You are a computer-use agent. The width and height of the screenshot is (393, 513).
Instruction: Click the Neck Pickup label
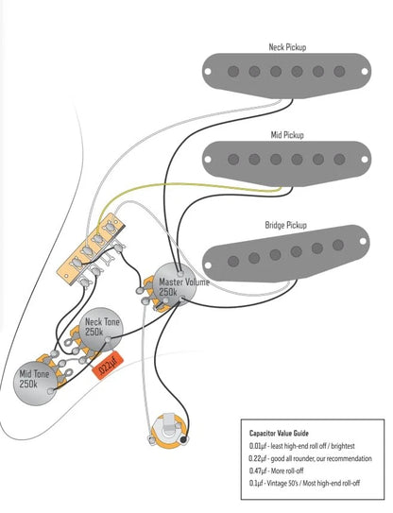pyautogui.click(x=287, y=47)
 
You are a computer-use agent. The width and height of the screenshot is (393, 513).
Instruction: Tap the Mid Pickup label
pyautogui.click(x=287, y=135)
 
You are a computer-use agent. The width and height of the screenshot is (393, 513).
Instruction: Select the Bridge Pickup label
pyautogui.click(x=285, y=225)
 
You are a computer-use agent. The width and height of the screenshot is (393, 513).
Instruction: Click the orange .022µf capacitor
pyautogui.click(x=108, y=365)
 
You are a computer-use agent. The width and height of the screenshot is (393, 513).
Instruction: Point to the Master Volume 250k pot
pyautogui.click(x=176, y=284)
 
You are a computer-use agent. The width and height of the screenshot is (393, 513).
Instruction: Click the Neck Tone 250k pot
pyautogui.click(x=101, y=329)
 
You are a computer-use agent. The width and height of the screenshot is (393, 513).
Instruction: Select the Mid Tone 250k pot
pyautogui.click(x=35, y=383)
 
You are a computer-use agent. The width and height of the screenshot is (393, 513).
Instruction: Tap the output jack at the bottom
pyautogui.click(x=167, y=429)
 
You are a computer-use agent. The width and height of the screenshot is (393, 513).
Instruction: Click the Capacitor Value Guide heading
pyautogui.click(x=279, y=434)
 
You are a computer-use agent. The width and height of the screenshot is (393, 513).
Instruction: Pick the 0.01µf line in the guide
pyautogui.click(x=301, y=446)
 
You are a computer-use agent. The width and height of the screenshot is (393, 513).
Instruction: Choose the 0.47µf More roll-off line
pyautogui.click(x=276, y=470)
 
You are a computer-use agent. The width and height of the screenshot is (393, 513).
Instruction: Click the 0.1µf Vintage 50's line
pyautogui.click(x=304, y=483)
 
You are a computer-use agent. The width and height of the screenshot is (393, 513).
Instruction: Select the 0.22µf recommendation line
pyautogui.click(x=310, y=458)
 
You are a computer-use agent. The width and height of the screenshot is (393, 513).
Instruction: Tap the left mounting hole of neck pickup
pyautogui.click(x=208, y=71)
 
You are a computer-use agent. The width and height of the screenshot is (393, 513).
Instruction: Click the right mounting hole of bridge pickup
pyautogui.click(x=363, y=241)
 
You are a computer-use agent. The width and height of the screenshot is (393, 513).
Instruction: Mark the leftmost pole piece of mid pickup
pyautogui.click(x=233, y=160)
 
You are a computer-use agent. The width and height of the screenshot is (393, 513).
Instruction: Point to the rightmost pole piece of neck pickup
pyautogui.click(x=339, y=71)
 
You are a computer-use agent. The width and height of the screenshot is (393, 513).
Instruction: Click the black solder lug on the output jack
pyautogui.click(x=184, y=439)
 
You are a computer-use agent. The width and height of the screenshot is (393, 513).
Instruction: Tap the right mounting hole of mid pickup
pyautogui.click(x=365, y=160)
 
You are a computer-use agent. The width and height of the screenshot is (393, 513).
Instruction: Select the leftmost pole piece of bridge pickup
pyautogui.click(x=233, y=261)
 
